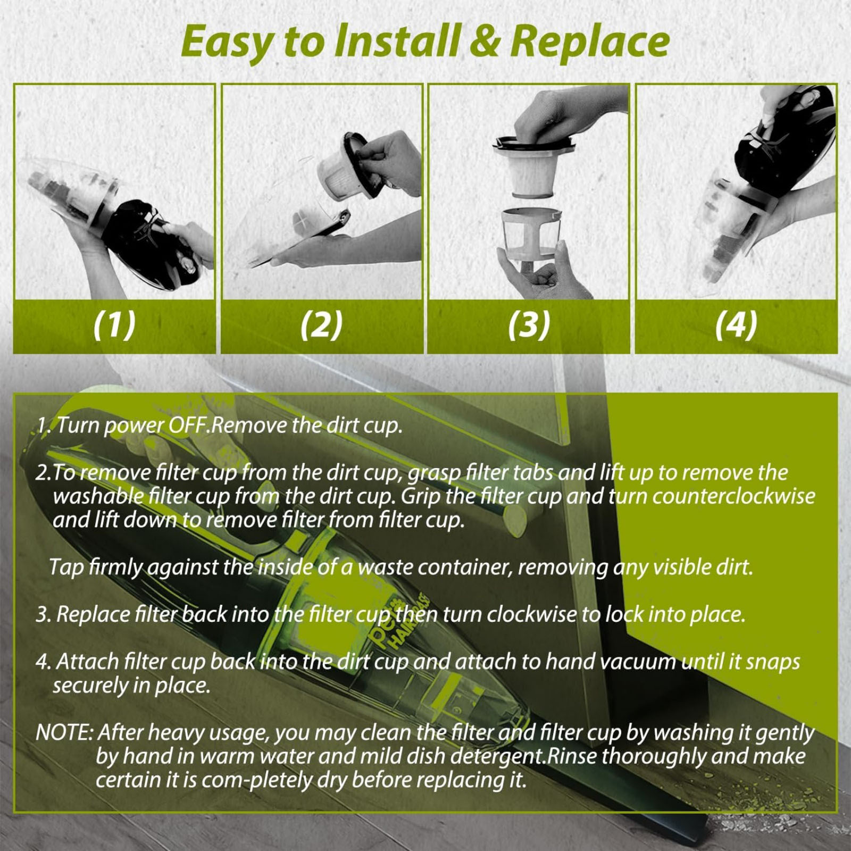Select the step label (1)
(114, 325)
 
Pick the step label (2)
(322, 325)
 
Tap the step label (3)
(529, 325)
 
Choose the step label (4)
(736, 325)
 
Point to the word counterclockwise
(733, 496)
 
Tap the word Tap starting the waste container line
(66, 568)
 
